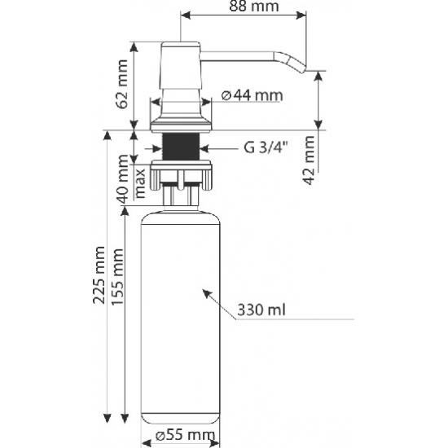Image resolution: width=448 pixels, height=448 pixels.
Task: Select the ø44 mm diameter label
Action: point(252,96)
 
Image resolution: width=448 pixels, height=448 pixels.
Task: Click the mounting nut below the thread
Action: point(182,174)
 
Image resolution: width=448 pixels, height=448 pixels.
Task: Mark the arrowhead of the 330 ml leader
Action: point(204,291)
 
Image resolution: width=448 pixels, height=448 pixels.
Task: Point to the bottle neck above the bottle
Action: point(182,195)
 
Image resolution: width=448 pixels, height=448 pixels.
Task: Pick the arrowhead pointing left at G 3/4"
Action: point(204,148)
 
